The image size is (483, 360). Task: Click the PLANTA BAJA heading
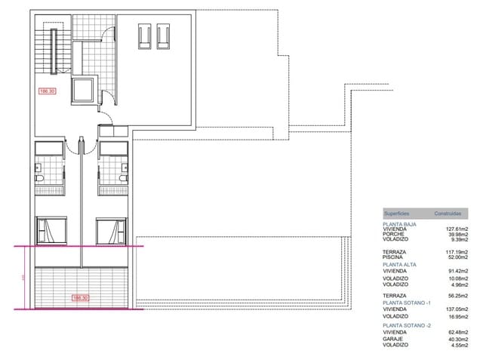pos(399,225)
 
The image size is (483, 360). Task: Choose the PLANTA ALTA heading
pos(399,264)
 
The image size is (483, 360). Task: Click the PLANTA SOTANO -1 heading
pos(406,302)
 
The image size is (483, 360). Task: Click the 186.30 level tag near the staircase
pos(48,91)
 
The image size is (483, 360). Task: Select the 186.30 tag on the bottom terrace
pos(79,298)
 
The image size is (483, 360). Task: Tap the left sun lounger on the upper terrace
pos(144,35)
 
